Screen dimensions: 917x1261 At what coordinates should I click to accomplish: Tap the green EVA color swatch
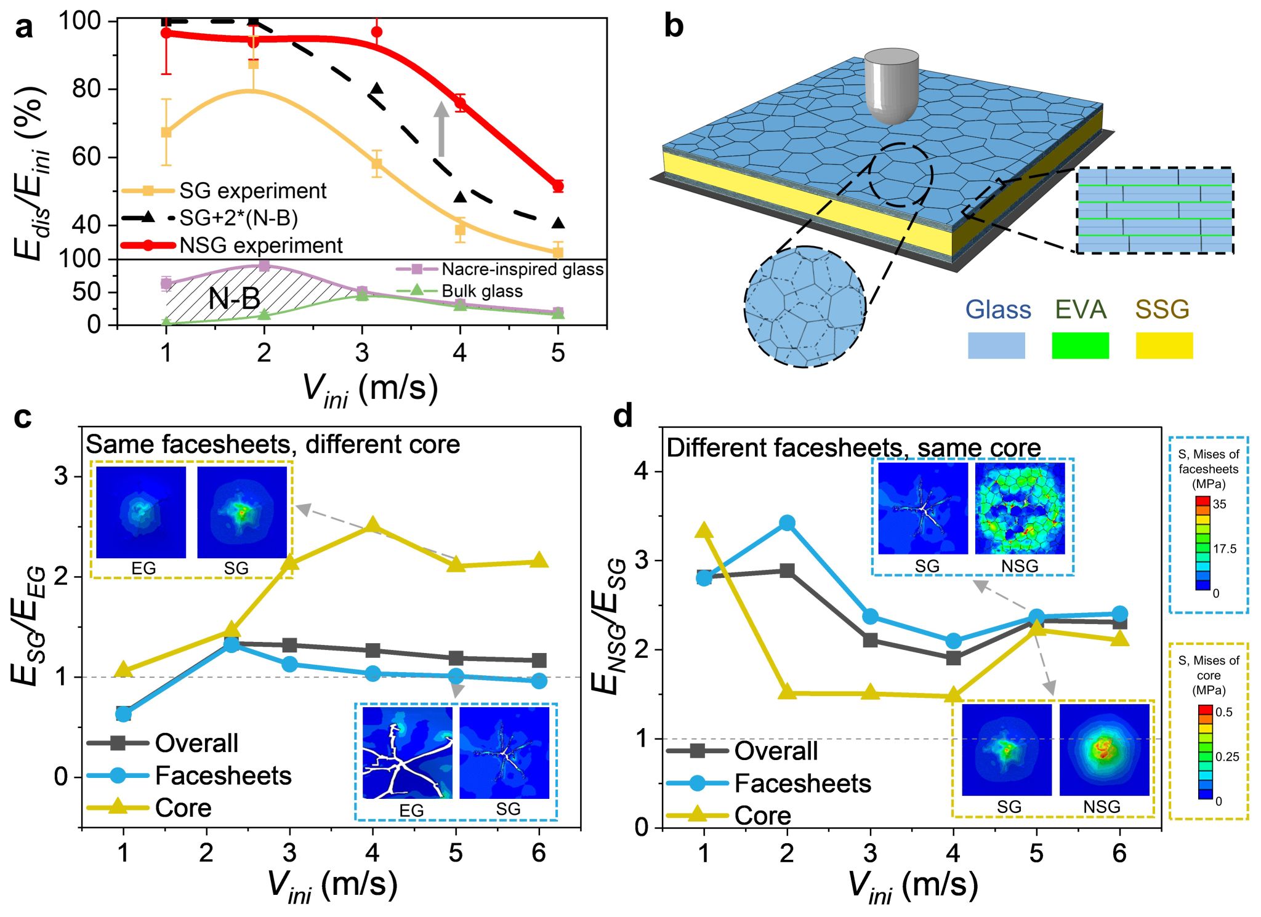[x=1080, y=345]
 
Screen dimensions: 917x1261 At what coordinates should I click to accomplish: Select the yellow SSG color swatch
[x=1164, y=345]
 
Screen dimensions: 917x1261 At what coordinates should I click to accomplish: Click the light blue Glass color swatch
[x=996, y=345]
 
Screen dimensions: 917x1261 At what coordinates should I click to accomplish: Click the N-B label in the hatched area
[x=234, y=299]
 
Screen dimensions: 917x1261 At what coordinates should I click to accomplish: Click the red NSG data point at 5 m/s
[x=558, y=186]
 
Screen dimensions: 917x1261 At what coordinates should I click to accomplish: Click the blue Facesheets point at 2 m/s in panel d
[x=787, y=523]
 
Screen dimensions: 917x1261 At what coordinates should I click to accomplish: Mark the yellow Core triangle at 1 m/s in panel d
[x=704, y=531]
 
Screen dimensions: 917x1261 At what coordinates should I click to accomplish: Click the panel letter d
[x=622, y=417]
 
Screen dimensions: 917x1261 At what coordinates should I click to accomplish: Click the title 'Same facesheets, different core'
[x=273, y=444]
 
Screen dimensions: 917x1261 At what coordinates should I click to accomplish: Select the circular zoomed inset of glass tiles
[x=805, y=306]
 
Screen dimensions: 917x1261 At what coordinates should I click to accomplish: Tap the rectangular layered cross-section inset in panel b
[x=1154, y=210]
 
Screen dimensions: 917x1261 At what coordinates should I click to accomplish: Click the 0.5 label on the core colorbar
[x=1224, y=712]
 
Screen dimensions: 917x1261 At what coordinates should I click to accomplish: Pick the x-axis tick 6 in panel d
[x=1119, y=853]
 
